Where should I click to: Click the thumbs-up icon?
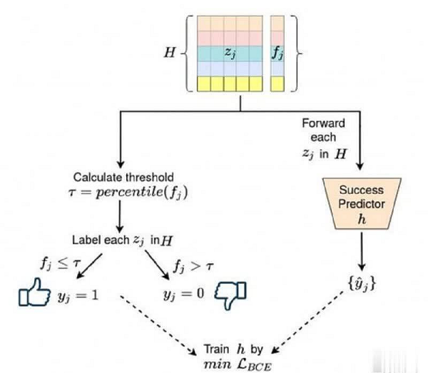click(x=34, y=292)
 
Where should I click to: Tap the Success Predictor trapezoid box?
click(x=362, y=203)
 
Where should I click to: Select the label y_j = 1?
click(x=78, y=295)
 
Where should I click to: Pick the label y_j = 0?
click(x=184, y=295)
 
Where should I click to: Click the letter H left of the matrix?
click(x=170, y=52)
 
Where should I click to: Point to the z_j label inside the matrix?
click(x=230, y=53)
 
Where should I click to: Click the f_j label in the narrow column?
click(x=277, y=53)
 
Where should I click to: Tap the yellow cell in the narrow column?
click(x=277, y=83)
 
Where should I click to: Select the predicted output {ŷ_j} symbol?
click(x=362, y=284)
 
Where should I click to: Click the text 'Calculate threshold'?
click(x=123, y=178)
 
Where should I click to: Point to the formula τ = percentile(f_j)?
click(x=128, y=193)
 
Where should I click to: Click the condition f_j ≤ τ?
click(x=61, y=264)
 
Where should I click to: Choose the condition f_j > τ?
click(x=193, y=265)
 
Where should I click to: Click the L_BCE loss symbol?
click(x=255, y=364)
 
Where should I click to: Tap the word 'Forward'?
click(x=323, y=123)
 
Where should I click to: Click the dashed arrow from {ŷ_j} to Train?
click(x=308, y=322)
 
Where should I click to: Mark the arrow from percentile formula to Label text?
click(x=120, y=217)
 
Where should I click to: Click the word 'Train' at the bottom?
click(x=217, y=349)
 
